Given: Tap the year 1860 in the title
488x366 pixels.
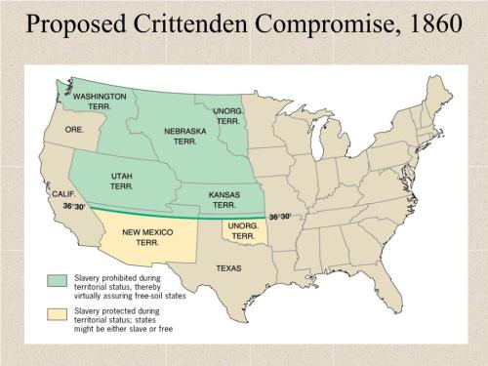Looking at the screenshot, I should [424, 21].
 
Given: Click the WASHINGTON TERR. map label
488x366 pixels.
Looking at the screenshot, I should [101, 102].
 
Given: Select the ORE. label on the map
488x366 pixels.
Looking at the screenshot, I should [74, 128].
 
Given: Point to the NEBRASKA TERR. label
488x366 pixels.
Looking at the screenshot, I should [185, 136].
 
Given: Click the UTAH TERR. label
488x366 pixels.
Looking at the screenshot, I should [122, 181].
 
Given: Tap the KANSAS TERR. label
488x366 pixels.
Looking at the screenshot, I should [224, 200].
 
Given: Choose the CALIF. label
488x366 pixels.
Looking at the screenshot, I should [62, 195].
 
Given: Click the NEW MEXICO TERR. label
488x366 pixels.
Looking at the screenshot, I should [147, 238].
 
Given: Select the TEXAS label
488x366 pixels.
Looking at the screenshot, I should [228, 267].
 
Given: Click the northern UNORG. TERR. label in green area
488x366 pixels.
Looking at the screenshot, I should [228, 115].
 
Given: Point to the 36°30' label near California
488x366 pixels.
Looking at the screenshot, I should [74, 207].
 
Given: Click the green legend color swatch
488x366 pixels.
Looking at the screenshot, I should [57, 279].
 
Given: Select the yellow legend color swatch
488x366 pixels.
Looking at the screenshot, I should [57, 314].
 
